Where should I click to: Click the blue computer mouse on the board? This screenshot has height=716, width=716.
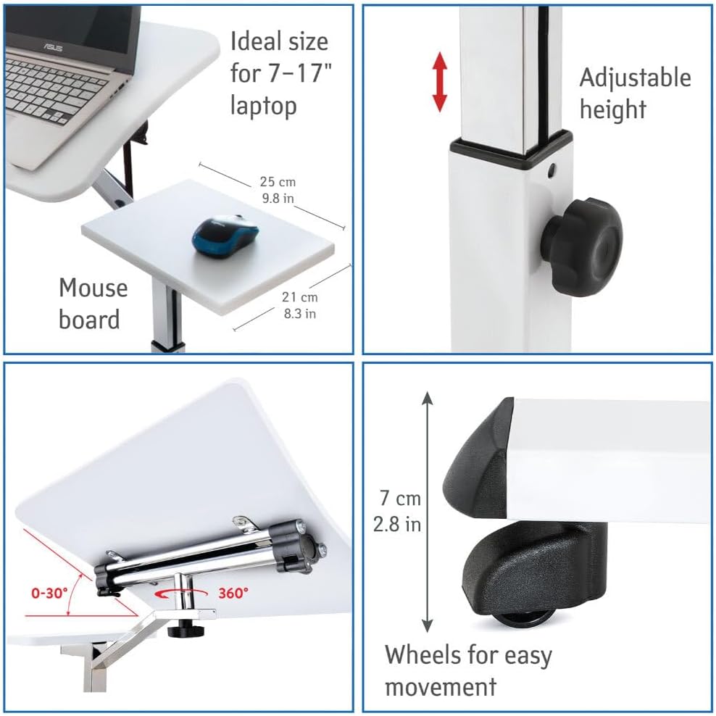tap(225, 236)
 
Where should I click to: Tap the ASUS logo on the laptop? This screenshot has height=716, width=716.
tap(53, 46)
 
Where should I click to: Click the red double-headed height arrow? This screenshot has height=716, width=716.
tap(439, 82)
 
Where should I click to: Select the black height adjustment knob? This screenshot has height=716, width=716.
tap(582, 246)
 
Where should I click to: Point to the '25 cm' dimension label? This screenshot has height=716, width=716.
tap(278, 182)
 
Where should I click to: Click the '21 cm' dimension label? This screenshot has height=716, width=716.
tap(299, 297)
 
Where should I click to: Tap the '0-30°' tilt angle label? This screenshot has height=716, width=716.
tap(49, 593)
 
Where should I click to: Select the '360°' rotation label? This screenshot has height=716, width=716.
tap(233, 593)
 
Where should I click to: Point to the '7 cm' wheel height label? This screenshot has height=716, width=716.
tap(401, 498)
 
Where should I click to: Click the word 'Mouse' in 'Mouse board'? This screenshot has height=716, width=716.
tap(93, 288)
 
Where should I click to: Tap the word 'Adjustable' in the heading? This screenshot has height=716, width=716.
tap(635, 78)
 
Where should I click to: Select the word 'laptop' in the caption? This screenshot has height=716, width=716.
tap(264, 106)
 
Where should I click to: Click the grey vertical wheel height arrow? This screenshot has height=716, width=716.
tap(427, 512)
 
